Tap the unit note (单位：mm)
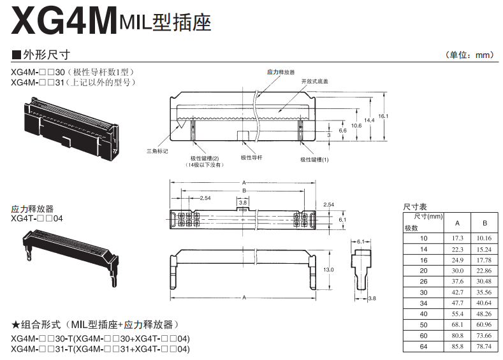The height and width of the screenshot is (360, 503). (469, 55)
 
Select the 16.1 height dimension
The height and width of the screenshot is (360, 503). (383, 116)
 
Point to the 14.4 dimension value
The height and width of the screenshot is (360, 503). (369, 120)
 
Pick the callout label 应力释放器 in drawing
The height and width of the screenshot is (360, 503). (281, 73)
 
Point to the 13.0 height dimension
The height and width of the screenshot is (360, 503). (330, 270)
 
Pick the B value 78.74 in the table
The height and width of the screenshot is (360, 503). (485, 347)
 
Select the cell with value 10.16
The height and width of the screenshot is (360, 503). (485, 239)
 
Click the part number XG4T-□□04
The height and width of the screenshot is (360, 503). (37, 218)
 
